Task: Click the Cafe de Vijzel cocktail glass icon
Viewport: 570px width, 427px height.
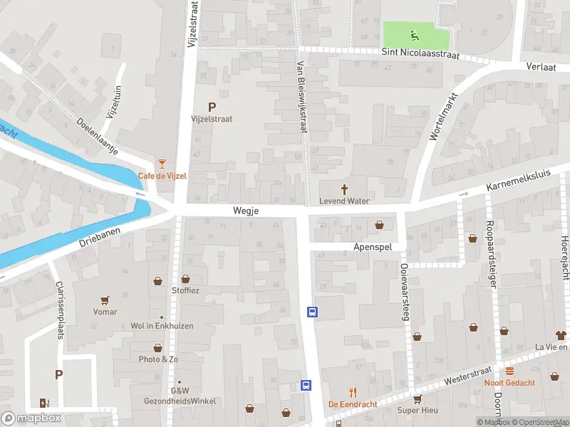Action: [162, 164]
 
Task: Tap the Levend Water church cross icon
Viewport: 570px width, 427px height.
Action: [345, 189]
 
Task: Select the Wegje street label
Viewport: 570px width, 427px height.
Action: [245, 211]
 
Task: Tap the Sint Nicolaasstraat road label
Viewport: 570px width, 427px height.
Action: [421, 53]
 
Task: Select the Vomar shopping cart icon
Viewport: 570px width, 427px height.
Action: [105, 300]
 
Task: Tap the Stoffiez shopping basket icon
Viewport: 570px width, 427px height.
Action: [186, 279]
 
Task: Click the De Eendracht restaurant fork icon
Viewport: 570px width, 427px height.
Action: [352, 392]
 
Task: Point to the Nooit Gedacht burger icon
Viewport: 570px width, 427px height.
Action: [509, 371]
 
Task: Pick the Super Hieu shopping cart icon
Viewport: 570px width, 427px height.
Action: [417, 399]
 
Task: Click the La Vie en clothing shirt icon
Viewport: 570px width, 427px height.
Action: [560, 334]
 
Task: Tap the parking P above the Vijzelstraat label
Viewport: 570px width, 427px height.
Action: [212, 107]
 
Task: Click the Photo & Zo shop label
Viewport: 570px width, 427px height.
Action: [158, 359]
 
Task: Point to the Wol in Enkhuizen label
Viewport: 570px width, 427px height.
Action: [161, 326]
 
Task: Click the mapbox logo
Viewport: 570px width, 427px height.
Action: [31, 418]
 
